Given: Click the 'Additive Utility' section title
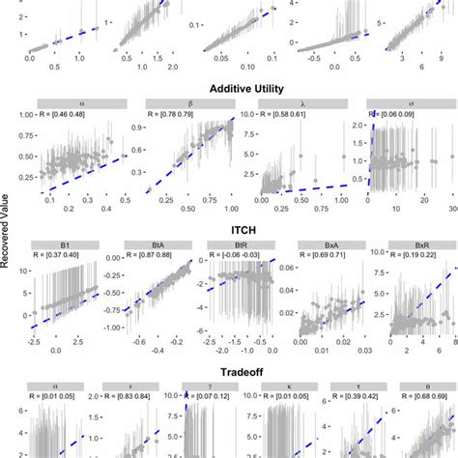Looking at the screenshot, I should [x=228, y=87].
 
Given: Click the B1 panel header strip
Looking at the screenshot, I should [x=62, y=243].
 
